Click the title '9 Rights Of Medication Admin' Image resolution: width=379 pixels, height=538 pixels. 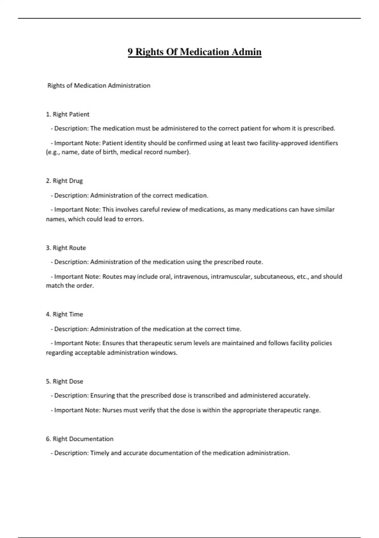pos(195,52)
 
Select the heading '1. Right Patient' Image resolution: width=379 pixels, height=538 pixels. pos(68,114)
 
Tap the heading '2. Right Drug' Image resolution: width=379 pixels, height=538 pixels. pos(64,181)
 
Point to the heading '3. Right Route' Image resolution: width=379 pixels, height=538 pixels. pos(66,248)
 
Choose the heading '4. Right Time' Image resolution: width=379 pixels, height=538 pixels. pos(64,314)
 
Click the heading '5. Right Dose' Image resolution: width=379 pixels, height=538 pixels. pos(64,381)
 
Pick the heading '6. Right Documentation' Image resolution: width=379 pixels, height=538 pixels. pos(80,439)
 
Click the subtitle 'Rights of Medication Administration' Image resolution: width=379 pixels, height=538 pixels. pos(99,85)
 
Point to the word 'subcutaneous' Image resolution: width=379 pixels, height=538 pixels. pos(274,277)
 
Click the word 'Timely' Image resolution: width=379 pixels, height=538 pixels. pos(99,453)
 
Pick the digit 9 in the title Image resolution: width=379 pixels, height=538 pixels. pos(130,52)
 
